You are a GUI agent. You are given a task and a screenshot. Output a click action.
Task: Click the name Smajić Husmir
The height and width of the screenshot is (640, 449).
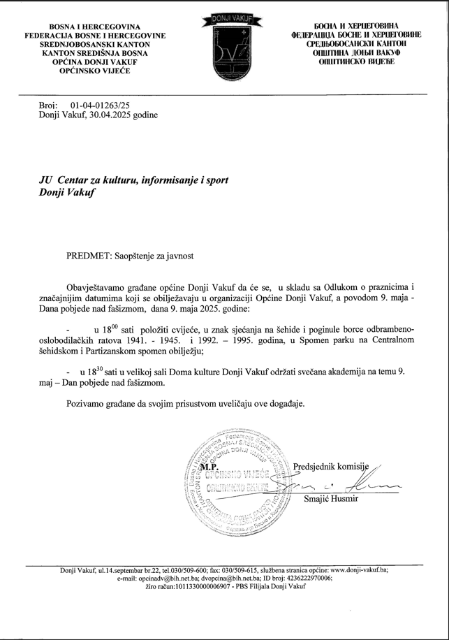click(x=331, y=497)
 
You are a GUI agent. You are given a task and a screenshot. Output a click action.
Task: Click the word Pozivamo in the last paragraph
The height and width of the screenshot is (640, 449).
click(x=88, y=404)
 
